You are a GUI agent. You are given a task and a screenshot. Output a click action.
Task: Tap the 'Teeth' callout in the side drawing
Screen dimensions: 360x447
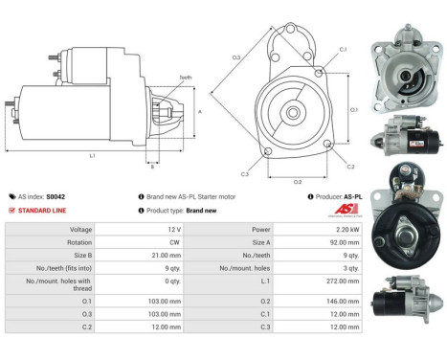click(x=185, y=77)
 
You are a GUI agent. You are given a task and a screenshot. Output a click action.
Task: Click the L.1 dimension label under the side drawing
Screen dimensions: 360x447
click(x=92, y=155)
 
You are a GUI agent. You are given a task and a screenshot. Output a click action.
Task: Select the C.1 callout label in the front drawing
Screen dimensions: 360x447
click(x=343, y=48)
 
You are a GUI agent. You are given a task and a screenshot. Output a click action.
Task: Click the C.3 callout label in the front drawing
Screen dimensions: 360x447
click(x=245, y=174)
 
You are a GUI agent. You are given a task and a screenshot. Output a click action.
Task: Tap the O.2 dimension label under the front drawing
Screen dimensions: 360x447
click(x=297, y=180)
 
